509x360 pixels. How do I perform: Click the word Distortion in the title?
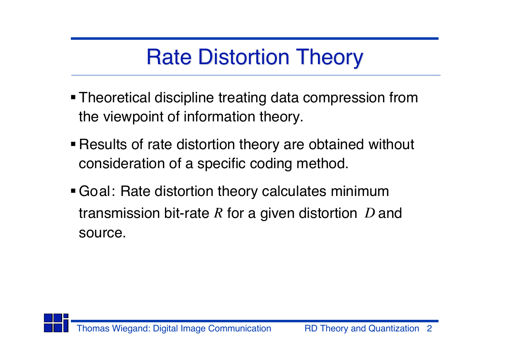point(244,57)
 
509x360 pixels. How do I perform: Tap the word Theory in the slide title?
point(329,58)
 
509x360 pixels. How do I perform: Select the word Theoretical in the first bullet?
point(114,97)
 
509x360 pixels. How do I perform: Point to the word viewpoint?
point(133,117)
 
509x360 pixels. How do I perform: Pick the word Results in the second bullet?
point(103,144)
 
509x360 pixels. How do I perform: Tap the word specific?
point(221,164)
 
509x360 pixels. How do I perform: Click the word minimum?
point(360,191)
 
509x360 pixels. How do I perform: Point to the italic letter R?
point(218,213)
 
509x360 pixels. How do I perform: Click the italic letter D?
point(370,213)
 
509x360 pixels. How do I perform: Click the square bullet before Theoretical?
point(73,97)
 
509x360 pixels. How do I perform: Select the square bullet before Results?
point(73,144)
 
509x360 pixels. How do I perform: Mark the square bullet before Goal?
point(73,191)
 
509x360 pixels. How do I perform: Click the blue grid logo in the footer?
point(56,323)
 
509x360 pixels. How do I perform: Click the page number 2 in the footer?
point(429,329)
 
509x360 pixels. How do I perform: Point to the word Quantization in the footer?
point(394,329)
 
